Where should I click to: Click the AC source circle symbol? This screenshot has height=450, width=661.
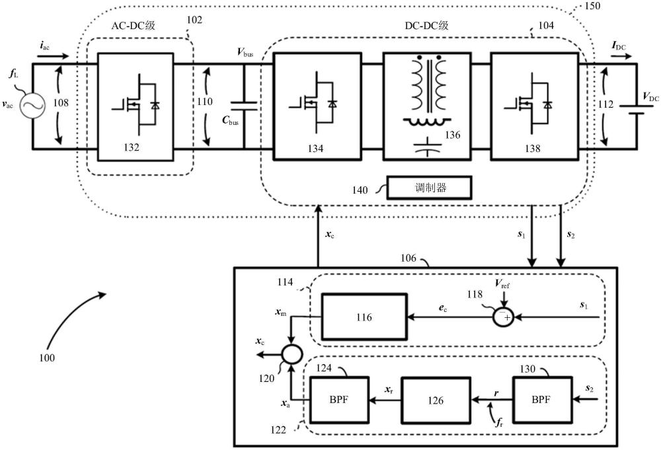tap(32, 106)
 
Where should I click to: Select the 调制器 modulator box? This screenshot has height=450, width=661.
tap(429, 188)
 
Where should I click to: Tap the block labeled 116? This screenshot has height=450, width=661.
tap(364, 318)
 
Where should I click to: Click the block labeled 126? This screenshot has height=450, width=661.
tap(435, 400)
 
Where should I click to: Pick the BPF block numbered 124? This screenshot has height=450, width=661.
tap(336, 400)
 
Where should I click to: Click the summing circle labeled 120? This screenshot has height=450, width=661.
tap(290, 354)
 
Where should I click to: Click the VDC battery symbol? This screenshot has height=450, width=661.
tap(636, 106)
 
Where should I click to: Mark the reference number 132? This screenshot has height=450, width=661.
tap(131, 147)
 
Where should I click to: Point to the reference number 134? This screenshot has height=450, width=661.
tap(315, 149)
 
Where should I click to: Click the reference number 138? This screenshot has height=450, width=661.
tap(531, 149)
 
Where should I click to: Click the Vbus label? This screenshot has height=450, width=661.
tap(245, 51)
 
